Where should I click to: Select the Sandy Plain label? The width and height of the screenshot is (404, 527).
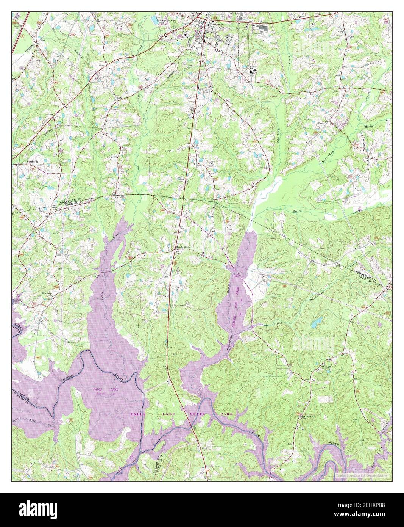coord(182,248)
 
